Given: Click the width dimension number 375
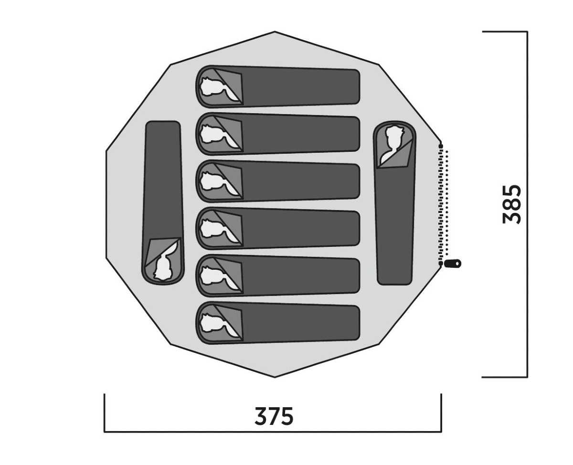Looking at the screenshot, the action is click(x=274, y=415).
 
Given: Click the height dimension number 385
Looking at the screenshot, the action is click(x=512, y=204).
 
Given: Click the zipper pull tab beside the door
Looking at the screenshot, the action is click(x=453, y=264).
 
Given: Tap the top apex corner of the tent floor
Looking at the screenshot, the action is click(x=275, y=32).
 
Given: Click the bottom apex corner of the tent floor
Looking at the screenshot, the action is click(x=275, y=377).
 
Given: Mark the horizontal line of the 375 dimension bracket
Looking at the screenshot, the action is click(x=273, y=432).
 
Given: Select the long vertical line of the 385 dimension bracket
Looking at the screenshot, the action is click(x=527, y=204).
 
